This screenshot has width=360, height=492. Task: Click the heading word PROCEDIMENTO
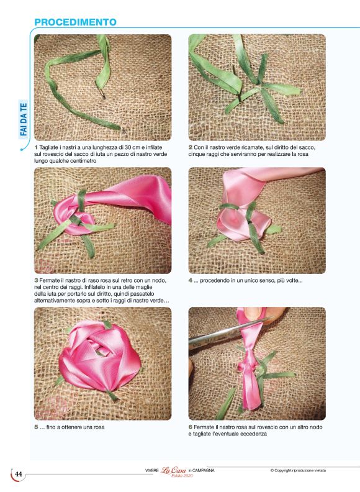(75, 22)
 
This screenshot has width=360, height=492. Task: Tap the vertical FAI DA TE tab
(24, 119)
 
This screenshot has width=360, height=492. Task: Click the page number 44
(19, 474)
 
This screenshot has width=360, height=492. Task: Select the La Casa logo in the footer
(173, 470)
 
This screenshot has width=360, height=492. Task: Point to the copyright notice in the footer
(298, 470)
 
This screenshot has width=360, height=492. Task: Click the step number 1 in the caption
(36, 147)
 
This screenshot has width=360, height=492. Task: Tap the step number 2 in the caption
(191, 147)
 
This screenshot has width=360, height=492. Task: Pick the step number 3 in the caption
(36, 280)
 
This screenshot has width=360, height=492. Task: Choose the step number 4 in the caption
(191, 280)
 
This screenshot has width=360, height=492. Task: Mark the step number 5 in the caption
(36, 427)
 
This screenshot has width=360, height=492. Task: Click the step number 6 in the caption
(191, 427)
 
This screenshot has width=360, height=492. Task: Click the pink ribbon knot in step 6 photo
(247, 364)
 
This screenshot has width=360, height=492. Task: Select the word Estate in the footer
(177, 476)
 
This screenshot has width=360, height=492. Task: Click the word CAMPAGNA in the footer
(203, 471)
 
